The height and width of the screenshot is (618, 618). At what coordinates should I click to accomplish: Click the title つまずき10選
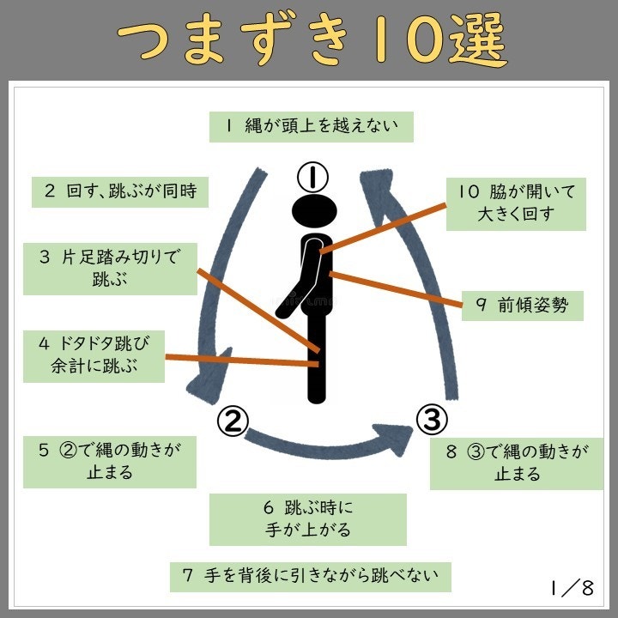tap(311, 40)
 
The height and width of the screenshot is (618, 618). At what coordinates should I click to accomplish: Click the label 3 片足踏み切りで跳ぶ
tap(110, 268)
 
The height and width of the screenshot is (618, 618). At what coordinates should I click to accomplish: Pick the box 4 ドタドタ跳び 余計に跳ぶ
tap(94, 356)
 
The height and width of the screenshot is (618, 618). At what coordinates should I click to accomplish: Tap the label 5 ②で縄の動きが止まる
tap(110, 461)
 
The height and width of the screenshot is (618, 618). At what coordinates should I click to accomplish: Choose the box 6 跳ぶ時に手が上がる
tap(307, 518)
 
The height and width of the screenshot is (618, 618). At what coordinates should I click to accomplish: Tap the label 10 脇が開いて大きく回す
tap(516, 203)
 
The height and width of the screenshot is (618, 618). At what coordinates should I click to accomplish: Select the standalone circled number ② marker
tap(233, 420)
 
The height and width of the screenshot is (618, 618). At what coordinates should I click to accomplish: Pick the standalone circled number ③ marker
tap(432, 420)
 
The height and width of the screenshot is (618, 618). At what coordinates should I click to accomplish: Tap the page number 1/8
tap(573, 588)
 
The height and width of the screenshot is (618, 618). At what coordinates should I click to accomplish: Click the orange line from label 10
tap(386, 227)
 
